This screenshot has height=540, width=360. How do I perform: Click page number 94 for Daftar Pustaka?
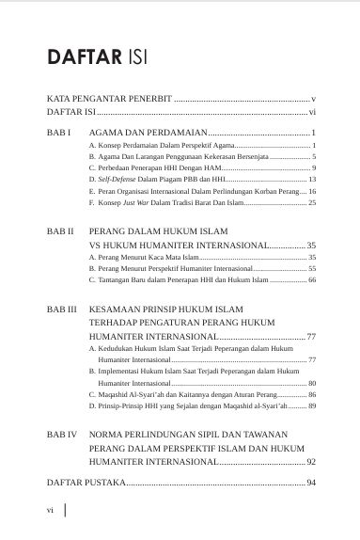pos(312,482)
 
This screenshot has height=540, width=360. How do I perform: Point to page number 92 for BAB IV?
pos(312,462)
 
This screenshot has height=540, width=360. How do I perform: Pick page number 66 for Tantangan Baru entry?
pos(312,281)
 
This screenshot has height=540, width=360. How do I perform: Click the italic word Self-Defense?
pos(117,178)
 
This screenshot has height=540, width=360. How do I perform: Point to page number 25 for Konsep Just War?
pos(312,202)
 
